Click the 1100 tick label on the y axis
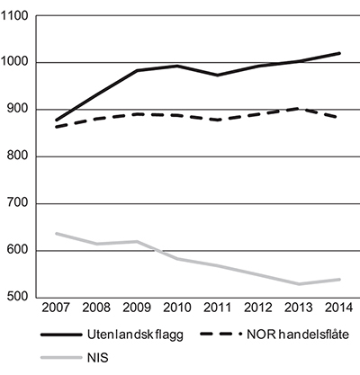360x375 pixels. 16,16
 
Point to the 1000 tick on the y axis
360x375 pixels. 16,63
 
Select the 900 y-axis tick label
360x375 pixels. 19,110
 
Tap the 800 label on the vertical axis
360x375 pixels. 19,156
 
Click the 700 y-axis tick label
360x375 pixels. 19,204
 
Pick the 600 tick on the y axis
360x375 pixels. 19,251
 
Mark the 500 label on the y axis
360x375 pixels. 19,298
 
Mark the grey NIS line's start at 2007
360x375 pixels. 56,233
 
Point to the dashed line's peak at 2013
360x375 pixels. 299,108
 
